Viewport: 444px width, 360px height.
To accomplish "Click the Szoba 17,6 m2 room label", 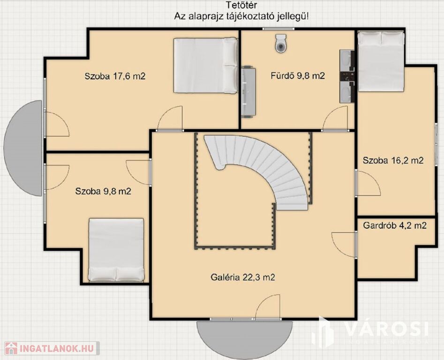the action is pos(115,76).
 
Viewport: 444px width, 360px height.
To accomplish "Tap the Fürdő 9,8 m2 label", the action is pos(298,76).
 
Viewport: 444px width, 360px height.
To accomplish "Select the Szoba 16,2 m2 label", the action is pos(393,160).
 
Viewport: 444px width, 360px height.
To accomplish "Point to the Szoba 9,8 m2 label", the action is pos(103,191).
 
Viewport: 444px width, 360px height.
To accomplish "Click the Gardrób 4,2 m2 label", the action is pos(395,225).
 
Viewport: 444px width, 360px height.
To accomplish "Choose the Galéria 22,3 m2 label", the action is pos(243,277).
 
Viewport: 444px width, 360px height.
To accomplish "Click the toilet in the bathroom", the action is pos(281,43).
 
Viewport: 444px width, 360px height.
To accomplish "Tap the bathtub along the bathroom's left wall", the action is pos(248,91).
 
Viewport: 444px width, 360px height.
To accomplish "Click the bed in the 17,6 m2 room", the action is pos(205,66).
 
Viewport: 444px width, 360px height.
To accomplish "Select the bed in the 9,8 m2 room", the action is pos(116,250).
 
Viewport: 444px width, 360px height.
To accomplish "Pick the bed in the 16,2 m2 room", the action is pos(381,61).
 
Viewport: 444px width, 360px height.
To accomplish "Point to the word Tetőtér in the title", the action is pos(241,5).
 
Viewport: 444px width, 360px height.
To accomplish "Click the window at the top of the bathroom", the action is pos(278,29).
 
